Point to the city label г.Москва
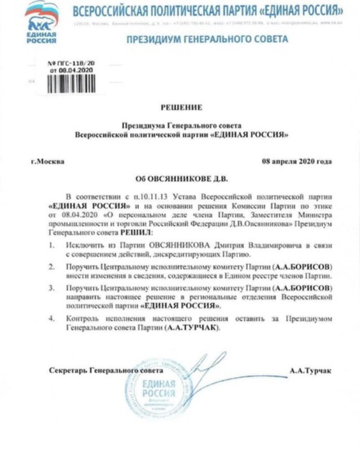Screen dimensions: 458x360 click(48, 161)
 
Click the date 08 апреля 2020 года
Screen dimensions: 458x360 click(297, 161)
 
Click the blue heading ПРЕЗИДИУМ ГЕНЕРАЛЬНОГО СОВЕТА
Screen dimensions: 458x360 click(207, 39)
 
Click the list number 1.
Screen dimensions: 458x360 click(51, 245)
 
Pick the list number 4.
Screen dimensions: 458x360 click(51, 319)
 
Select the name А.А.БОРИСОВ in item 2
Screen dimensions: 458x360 click(302, 266)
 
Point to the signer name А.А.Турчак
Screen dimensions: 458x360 click(310, 371)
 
